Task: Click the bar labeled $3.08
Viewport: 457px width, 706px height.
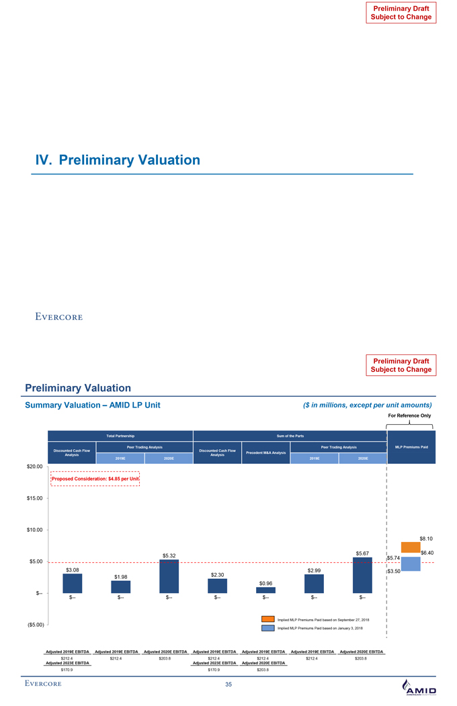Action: (x=73, y=583)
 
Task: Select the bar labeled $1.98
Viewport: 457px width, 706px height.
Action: (x=121, y=586)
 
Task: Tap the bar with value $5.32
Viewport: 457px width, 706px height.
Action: (x=169, y=576)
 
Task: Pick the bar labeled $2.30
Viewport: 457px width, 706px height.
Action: (x=218, y=586)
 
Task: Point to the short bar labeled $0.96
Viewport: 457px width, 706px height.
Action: (x=265, y=590)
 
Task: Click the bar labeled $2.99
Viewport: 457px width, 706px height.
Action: (x=314, y=584)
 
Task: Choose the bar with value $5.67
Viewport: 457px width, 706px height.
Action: (x=362, y=575)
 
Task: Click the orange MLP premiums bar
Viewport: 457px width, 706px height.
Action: (x=411, y=547)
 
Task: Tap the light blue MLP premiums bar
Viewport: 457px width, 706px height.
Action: (x=411, y=563)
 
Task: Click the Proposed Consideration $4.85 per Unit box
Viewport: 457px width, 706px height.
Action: (x=95, y=478)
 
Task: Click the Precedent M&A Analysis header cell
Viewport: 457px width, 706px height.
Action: (x=265, y=452)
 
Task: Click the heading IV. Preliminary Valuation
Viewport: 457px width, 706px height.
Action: (x=118, y=160)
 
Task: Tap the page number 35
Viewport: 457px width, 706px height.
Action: (x=229, y=685)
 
